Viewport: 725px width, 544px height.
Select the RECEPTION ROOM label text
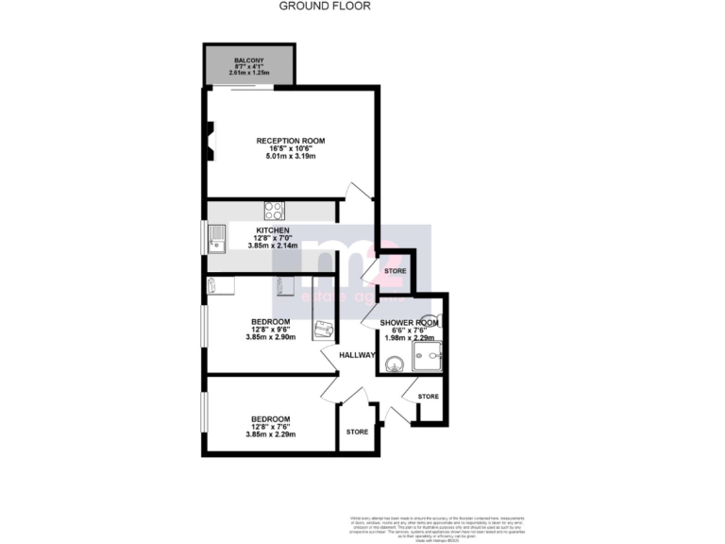pyautogui.click(x=291, y=141)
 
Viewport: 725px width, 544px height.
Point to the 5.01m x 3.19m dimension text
pyautogui.click(x=291, y=157)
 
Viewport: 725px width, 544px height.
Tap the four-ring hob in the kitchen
pyautogui.click(x=275, y=211)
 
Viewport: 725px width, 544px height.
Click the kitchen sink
pyautogui.click(x=217, y=239)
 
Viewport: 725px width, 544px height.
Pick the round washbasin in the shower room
pyautogui.click(x=393, y=358)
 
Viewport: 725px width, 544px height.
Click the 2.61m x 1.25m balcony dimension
pyautogui.click(x=250, y=73)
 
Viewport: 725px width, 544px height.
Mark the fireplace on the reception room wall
pyautogui.click(x=211, y=140)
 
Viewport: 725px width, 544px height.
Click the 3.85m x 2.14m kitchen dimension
pyautogui.click(x=274, y=246)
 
